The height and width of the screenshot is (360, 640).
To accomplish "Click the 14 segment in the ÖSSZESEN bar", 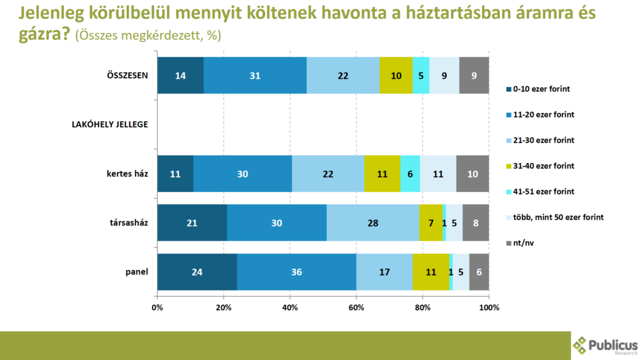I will coord(180,76).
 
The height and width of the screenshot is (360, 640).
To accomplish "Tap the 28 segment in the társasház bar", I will coord(372,222).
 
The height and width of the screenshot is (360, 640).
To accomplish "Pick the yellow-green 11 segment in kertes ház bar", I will coord(382,173).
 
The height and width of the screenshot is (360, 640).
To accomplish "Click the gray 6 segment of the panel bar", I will coord(479,272).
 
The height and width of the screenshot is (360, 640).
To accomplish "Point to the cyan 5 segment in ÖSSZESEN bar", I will coord(421,76).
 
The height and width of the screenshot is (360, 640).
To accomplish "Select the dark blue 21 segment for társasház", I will coord(192,222).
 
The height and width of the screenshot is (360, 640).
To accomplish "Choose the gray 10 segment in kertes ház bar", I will coord(472,173).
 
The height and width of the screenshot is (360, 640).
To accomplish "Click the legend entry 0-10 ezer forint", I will coord(541,89).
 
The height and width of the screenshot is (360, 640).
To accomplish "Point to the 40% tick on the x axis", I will coord(290,307).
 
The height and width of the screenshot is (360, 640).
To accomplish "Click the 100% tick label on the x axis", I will coord(489,307).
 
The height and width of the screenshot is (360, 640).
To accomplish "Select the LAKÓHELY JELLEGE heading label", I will coord(110,124).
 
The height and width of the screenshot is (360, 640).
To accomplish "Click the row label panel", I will coord(136,272).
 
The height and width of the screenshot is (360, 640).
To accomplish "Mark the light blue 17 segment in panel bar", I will coord(384,272).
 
